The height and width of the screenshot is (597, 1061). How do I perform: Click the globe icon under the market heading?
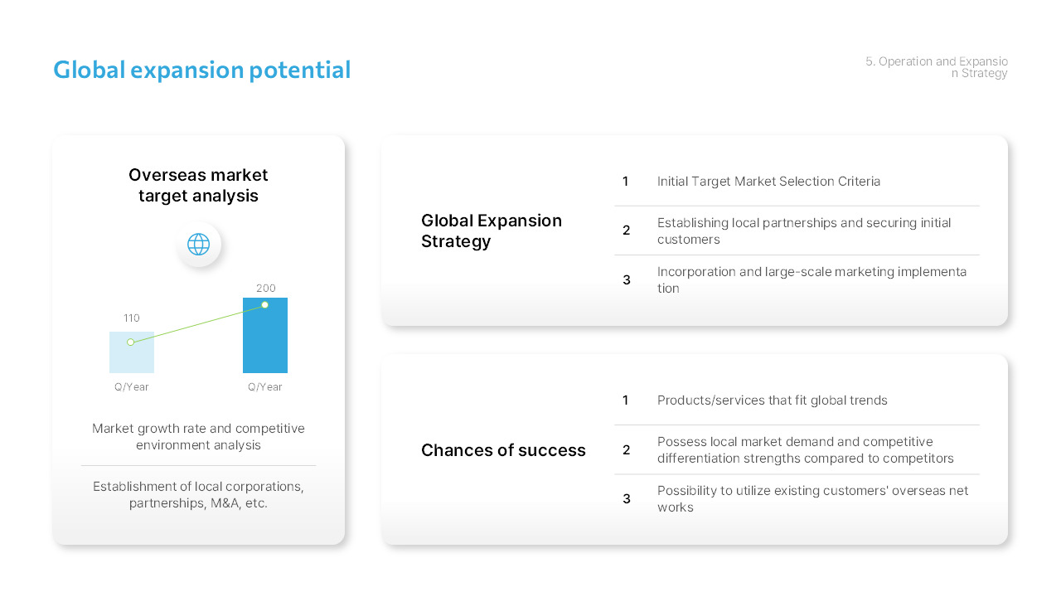(x=198, y=245)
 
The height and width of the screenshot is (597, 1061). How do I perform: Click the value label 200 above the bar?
(x=265, y=289)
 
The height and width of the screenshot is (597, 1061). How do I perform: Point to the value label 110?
(x=132, y=318)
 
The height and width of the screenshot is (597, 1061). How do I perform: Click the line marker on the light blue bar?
(x=131, y=342)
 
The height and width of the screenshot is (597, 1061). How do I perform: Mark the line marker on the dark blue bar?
(x=265, y=305)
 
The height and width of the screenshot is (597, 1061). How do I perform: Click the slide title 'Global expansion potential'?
(x=201, y=70)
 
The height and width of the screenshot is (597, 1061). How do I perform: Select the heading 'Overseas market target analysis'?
(x=198, y=186)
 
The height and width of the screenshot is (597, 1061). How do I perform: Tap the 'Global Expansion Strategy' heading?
(x=492, y=231)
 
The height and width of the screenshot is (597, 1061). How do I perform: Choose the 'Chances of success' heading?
(x=503, y=450)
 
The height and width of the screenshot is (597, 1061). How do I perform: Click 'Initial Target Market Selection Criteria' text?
(x=768, y=182)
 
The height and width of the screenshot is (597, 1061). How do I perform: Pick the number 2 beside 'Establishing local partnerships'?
(x=627, y=231)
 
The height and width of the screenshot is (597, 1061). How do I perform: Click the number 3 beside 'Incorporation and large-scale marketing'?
(x=627, y=280)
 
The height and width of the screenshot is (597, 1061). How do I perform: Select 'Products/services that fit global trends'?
(x=772, y=400)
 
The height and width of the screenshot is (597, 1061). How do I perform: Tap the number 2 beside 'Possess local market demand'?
(x=627, y=450)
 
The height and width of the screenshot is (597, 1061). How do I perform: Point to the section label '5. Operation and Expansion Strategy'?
(x=937, y=67)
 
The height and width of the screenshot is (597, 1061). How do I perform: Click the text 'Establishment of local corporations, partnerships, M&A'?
(x=198, y=495)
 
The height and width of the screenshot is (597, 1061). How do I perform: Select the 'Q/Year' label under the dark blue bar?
(x=265, y=387)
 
